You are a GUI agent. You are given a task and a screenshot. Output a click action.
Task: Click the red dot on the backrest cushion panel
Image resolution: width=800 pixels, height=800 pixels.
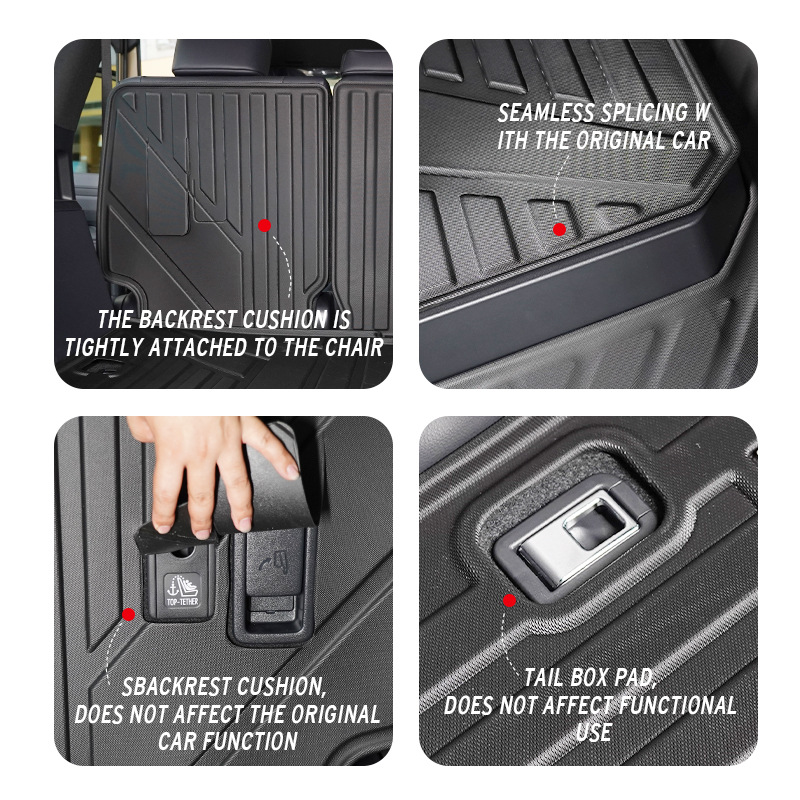pos(264,226)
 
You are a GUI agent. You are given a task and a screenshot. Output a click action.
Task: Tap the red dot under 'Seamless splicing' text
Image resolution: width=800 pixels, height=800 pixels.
pos(559,229)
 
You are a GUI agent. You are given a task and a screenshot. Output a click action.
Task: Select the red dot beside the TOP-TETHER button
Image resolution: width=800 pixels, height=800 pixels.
pos(128,613)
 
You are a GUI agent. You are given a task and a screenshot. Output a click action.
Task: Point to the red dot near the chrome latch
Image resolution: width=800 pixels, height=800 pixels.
pos(509,600)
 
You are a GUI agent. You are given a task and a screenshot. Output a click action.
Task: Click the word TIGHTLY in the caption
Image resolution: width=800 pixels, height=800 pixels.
pos(105,348)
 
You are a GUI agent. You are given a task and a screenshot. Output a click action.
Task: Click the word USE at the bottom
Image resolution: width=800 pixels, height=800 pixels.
pos(593,732)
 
